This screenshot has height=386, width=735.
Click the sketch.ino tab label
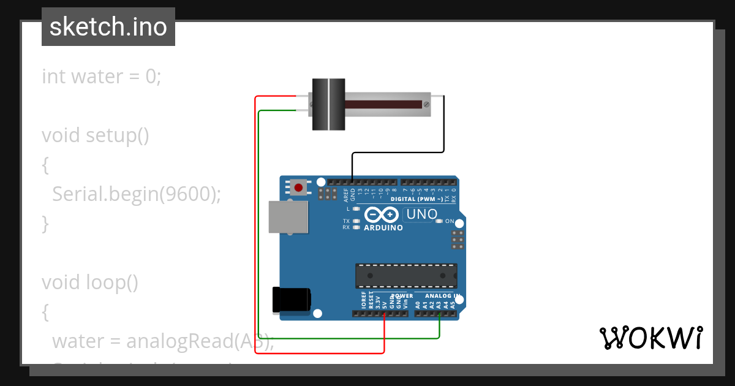pos(108,27)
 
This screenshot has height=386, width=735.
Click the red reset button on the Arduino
pos(299,187)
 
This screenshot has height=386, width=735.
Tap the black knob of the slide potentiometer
pos(329,104)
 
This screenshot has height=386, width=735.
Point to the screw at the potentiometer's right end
pos(424,105)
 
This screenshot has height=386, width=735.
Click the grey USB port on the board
pos(288,217)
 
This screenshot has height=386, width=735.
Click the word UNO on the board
pos(421,214)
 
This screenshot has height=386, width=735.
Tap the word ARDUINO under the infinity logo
pos(383,228)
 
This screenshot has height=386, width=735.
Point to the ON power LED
pos(439,221)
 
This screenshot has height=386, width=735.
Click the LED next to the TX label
pos(356,221)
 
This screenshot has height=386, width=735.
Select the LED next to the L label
pos(356,209)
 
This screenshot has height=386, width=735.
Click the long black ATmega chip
pos(406,276)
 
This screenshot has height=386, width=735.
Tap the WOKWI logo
pos(650,338)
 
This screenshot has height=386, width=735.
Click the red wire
pos(255,245)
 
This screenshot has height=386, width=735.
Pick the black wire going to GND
pos(443,129)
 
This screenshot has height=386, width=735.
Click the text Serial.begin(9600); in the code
pos(136,194)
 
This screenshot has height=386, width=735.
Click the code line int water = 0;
pos(102,77)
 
